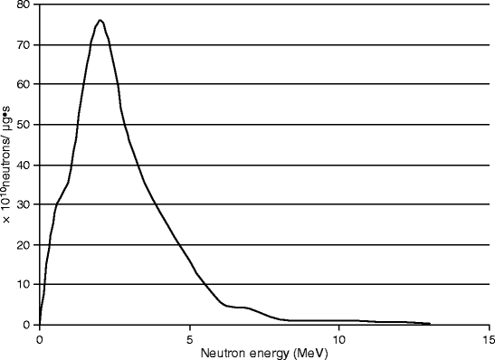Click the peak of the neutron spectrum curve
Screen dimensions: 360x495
pyautogui.click(x=100, y=20)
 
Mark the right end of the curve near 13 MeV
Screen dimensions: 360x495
pyautogui.click(x=429, y=323)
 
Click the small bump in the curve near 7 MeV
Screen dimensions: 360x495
pyautogui.click(x=244, y=308)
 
